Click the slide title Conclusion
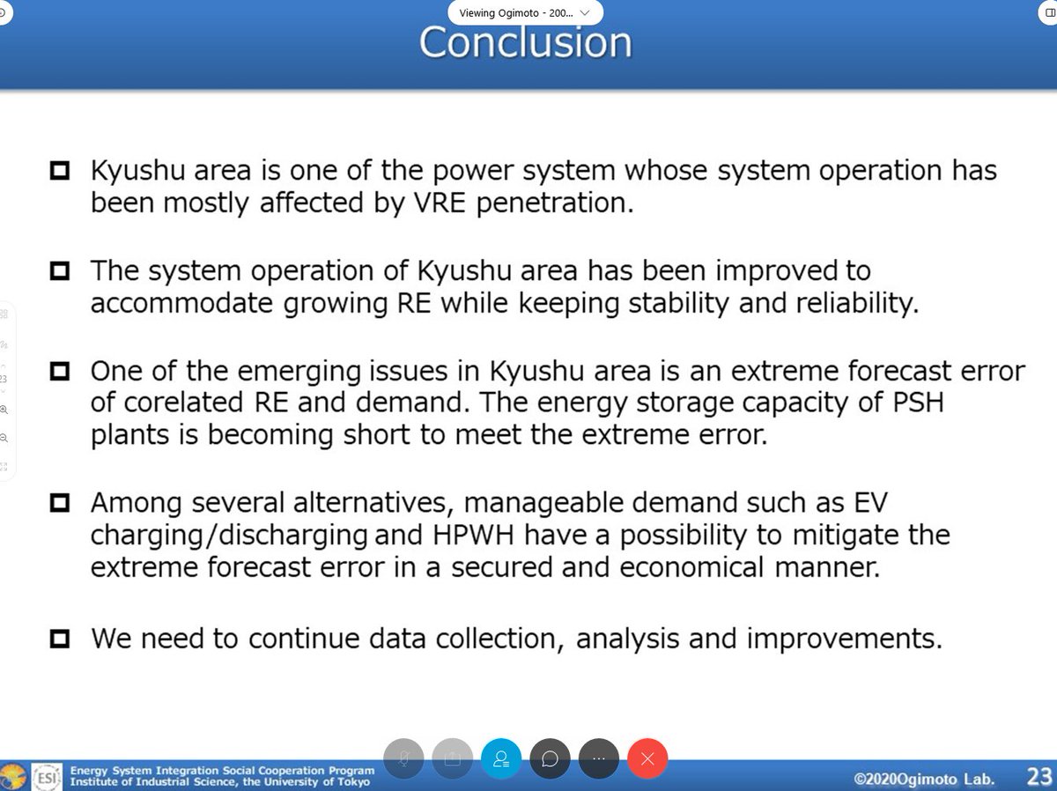click(x=525, y=42)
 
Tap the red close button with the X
click(x=647, y=758)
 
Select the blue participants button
click(x=501, y=758)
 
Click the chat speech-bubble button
click(x=550, y=758)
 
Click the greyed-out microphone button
click(x=403, y=758)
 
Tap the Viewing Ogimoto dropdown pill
click(x=525, y=12)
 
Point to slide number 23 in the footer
click(x=1039, y=777)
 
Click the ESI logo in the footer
click(x=47, y=777)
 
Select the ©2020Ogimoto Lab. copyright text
click(x=924, y=779)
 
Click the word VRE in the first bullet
click(x=440, y=203)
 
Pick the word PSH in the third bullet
click(x=918, y=403)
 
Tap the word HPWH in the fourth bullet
click(x=473, y=535)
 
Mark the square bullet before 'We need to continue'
click(x=60, y=639)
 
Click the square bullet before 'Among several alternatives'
click(x=60, y=503)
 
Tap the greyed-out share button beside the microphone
click(x=452, y=758)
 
